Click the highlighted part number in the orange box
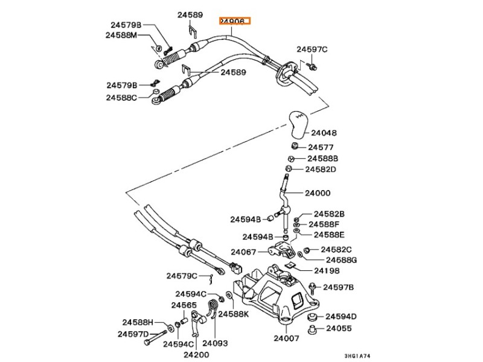coord(234,21)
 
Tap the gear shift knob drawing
coord(299,123)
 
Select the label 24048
coord(324,133)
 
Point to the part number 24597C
coord(312,49)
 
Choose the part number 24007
coord(286,338)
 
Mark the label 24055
coord(339,329)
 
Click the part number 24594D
coord(341,316)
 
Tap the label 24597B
coord(338,287)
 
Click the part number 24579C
coord(182,276)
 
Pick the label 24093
coord(215,343)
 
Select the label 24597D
coord(133,334)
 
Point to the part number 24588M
coord(121,36)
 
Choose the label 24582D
coord(320,170)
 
